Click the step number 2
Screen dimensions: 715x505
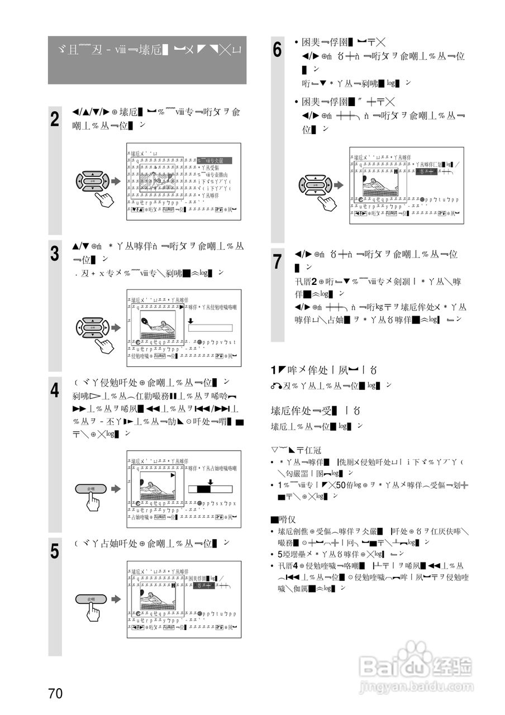pyautogui.click(x=55, y=120)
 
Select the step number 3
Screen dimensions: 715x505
pyautogui.click(x=55, y=254)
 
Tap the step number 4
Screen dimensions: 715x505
pyautogui.click(x=55, y=390)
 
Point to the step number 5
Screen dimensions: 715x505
pyautogui.click(x=55, y=551)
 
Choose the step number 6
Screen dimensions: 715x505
pyautogui.click(x=278, y=50)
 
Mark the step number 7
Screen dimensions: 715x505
pyautogui.click(x=278, y=261)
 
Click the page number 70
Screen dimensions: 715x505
pyautogui.click(x=55, y=694)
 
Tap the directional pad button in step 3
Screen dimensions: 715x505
pyautogui.click(x=93, y=327)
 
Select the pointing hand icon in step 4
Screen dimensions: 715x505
pyautogui.click(x=93, y=502)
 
